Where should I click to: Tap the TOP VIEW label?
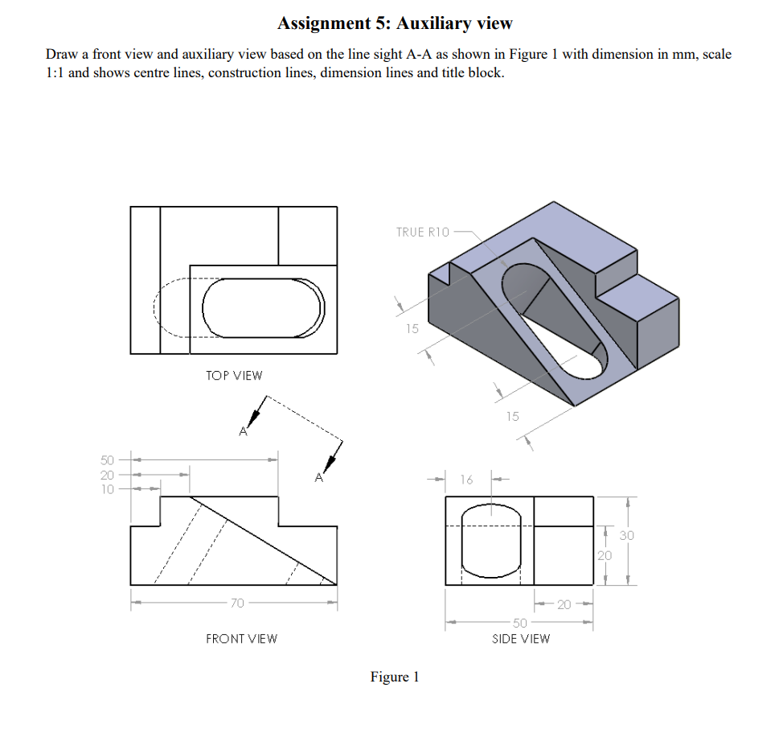233,376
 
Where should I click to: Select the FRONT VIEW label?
241,639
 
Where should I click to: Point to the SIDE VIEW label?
521,639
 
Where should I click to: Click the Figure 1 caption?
395,677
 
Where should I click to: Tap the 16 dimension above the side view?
467,480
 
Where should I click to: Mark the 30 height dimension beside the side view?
627,535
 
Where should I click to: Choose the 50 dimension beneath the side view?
520,623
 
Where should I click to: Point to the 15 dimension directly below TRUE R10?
412,328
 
